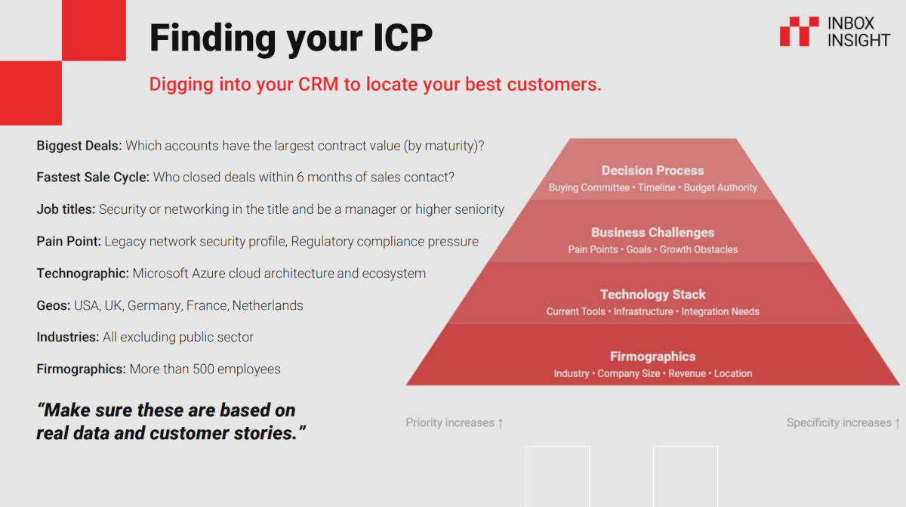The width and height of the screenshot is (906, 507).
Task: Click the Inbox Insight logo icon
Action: tap(799, 32)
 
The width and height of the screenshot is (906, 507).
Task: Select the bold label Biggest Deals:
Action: tap(79, 146)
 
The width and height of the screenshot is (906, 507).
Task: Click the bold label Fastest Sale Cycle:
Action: tap(93, 178)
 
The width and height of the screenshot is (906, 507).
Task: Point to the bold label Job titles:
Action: tap(66, 209)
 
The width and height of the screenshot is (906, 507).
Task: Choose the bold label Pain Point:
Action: tap(69, 241)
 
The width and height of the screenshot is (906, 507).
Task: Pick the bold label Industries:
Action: tap(68, 337)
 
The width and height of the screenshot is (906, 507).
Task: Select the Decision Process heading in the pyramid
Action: tap(652, 171)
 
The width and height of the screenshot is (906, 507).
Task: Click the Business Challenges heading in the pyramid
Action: tap(652, 233)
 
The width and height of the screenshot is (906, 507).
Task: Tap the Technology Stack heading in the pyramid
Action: tap(652, 295)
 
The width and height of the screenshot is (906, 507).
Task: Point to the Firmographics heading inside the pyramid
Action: tap(652, 357)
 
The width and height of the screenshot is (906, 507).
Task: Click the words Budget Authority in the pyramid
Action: tap(720, 187)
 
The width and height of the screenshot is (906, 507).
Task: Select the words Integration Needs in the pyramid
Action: tap(720, 311)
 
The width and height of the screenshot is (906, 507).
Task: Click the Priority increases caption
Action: tap(454, 423)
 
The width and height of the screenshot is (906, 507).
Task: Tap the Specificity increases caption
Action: tap(843, 423)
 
